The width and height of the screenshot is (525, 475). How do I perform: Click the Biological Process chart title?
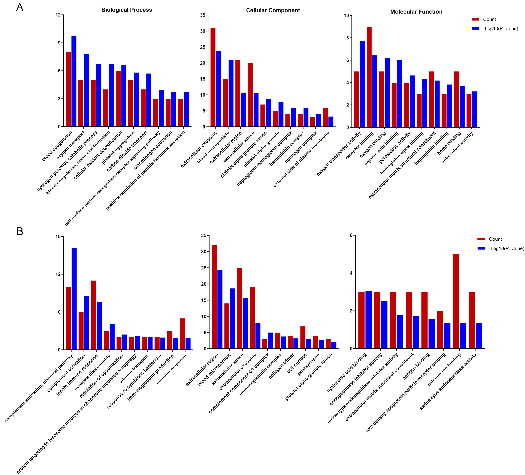point(127,10)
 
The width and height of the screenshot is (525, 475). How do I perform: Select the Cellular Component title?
point(273,10)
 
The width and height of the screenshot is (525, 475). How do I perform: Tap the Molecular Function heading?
point(416,12)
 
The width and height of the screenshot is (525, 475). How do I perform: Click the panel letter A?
point(20,7)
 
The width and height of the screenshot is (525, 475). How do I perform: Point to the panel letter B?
point(20,231)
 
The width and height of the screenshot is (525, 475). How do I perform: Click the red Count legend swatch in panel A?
point(476,19)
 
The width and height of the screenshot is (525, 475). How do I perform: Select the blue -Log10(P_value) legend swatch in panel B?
point(481,248)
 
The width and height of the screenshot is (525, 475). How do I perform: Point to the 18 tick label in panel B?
point(58,236)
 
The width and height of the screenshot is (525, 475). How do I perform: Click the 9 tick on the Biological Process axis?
point(59,43)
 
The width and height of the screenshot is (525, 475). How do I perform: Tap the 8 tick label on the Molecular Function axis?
point(347,38)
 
